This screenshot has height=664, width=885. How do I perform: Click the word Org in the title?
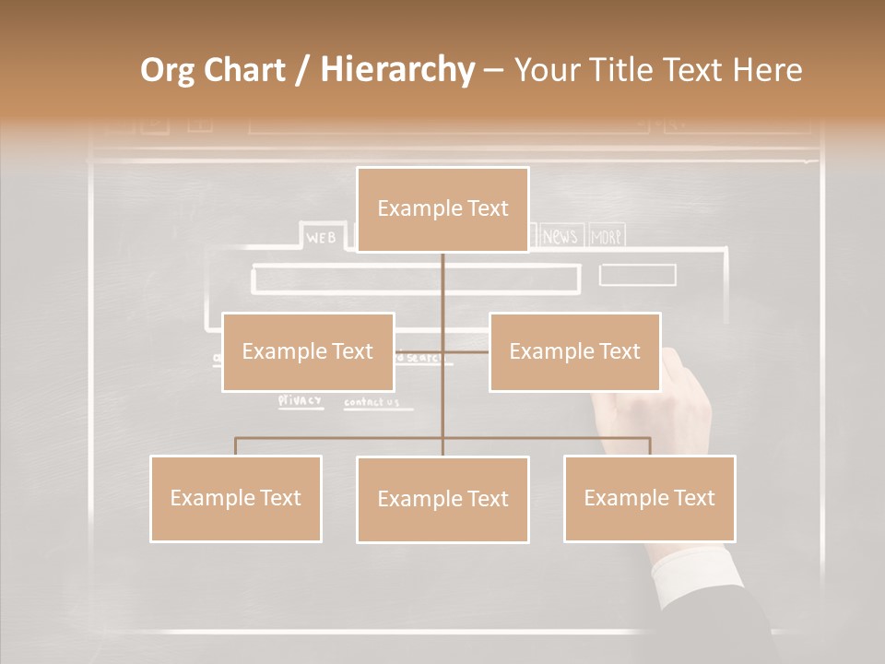click(167, 70)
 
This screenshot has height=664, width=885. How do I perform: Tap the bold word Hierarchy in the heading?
click(396, 70)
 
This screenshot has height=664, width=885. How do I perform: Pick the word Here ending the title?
click(767, 70)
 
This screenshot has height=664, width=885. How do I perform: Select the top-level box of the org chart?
click(442, 209)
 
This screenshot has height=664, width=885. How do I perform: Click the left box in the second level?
click(308, 351)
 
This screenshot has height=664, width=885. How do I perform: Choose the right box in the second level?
click(574, 351)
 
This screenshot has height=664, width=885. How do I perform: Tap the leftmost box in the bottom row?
click(235, 498)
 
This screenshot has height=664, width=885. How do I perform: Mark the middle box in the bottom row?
click(442, 499)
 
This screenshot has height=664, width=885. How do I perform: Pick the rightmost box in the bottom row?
click(649, 498)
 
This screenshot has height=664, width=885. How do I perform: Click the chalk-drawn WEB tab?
click(322, 238)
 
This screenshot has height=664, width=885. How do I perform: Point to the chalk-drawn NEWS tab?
click(559, 237)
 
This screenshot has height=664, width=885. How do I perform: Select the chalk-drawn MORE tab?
click(606, 237)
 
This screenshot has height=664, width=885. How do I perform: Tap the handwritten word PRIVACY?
click(301, 400)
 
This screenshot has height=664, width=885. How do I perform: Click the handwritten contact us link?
click(372, 402)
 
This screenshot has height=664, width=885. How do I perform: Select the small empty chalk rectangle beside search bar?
click(637, 275)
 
